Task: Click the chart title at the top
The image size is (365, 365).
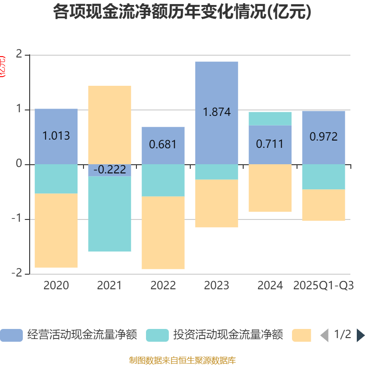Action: (x=182, y=12)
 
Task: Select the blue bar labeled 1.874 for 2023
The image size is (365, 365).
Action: (x=216, y=91)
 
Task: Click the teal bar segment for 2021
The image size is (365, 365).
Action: (x=109, y=214)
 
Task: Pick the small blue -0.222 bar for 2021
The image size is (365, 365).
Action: (x=109, y=170)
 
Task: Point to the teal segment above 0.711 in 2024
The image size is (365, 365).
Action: (x=270, y=119)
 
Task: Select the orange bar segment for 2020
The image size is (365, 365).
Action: (x=56, y=230)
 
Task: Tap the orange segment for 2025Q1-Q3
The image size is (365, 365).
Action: (x=323, y=205)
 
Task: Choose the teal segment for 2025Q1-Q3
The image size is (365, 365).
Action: (x=323, y=177)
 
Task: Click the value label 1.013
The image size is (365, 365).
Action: (x=56, y=136)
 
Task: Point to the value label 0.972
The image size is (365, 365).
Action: (x=323, y=136)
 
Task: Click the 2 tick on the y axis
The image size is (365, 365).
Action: (x=19, y=54)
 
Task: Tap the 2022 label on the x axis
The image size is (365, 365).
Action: (x=163, y=286)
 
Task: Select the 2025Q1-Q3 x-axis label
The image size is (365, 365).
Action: (x=323, y=286)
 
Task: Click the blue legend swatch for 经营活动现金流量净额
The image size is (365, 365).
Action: (x=11, y=335)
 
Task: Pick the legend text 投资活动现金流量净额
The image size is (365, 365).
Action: (x=228, y=335)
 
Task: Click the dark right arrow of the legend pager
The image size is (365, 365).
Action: (x=360, y=335)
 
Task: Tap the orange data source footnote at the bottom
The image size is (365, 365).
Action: (x=182, y=360)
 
